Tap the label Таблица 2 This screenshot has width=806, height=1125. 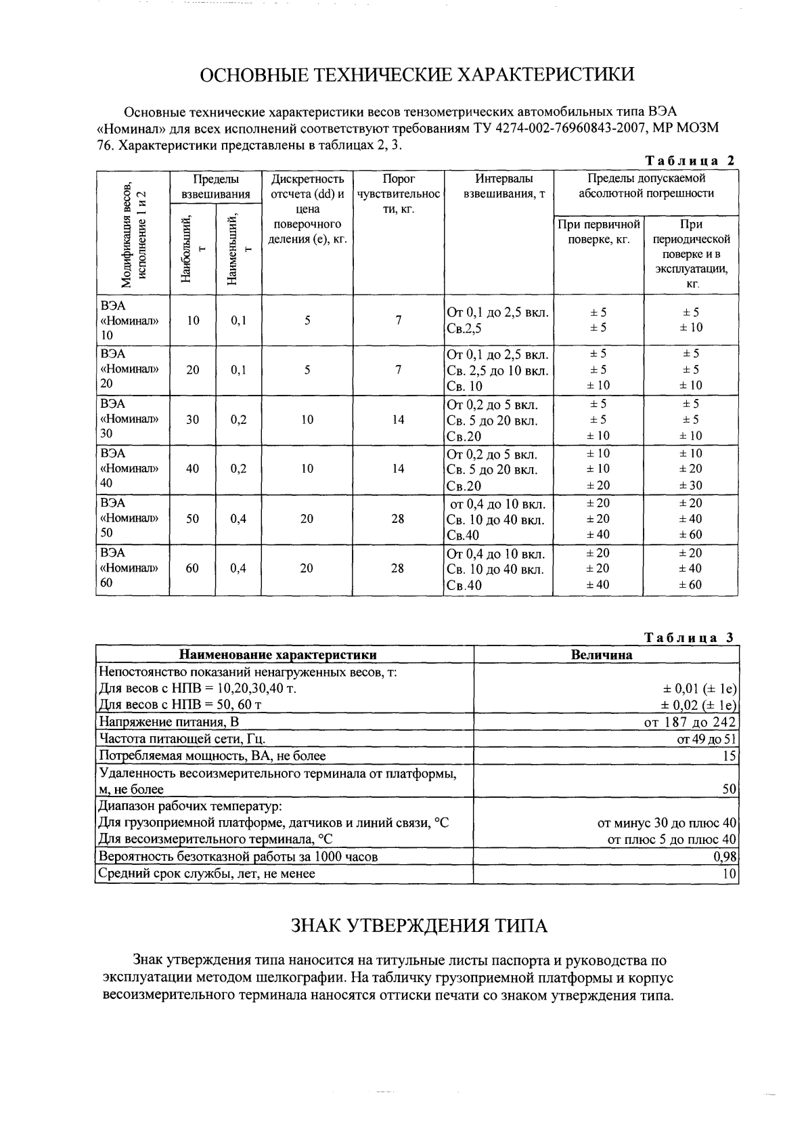pyautogui.click(x=690, y=161)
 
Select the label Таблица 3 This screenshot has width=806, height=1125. pyautogui.click(x=689, y=638)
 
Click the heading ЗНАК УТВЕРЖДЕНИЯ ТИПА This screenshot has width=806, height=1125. pyautogui.click(x=419, y=925)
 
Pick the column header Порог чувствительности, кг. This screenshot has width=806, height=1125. pyautogui.click(x=399, y=194)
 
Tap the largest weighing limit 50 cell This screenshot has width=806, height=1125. pyautogui.click(x=193, y=519)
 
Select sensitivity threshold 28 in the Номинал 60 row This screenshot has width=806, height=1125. pyautogui.click(x=398, y=568)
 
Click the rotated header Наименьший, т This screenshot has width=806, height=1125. pyautogui.click(x=239, y=249)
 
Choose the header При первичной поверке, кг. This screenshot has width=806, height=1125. pyautogui.click(x=598, y=232)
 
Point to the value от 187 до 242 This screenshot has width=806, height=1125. pyautogui.click(x=690, y=722)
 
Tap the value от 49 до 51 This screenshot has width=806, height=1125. pyautogui.click(x=706, y=739)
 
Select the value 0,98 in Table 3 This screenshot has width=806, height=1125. pyautogui.click(x=725, y=857)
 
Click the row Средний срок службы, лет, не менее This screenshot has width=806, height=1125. pyautogui.click(x=207, y=874)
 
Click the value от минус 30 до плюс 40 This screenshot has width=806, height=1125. pyautogui.click(x=667, y=823)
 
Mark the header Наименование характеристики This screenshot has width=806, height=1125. pyautogui.click(x=277, y=655)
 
